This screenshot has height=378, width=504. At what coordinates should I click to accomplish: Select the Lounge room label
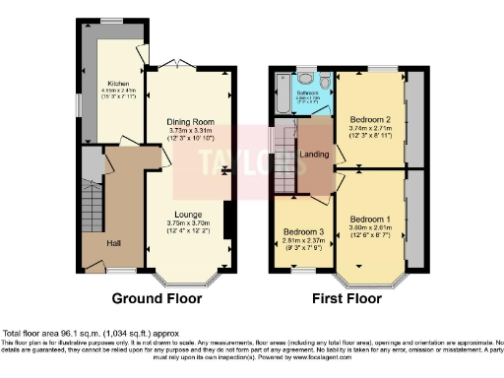coord(188,214)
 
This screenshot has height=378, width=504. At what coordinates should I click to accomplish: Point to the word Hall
coord(115,242)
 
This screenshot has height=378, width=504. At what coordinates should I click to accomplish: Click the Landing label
coord(315,154)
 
